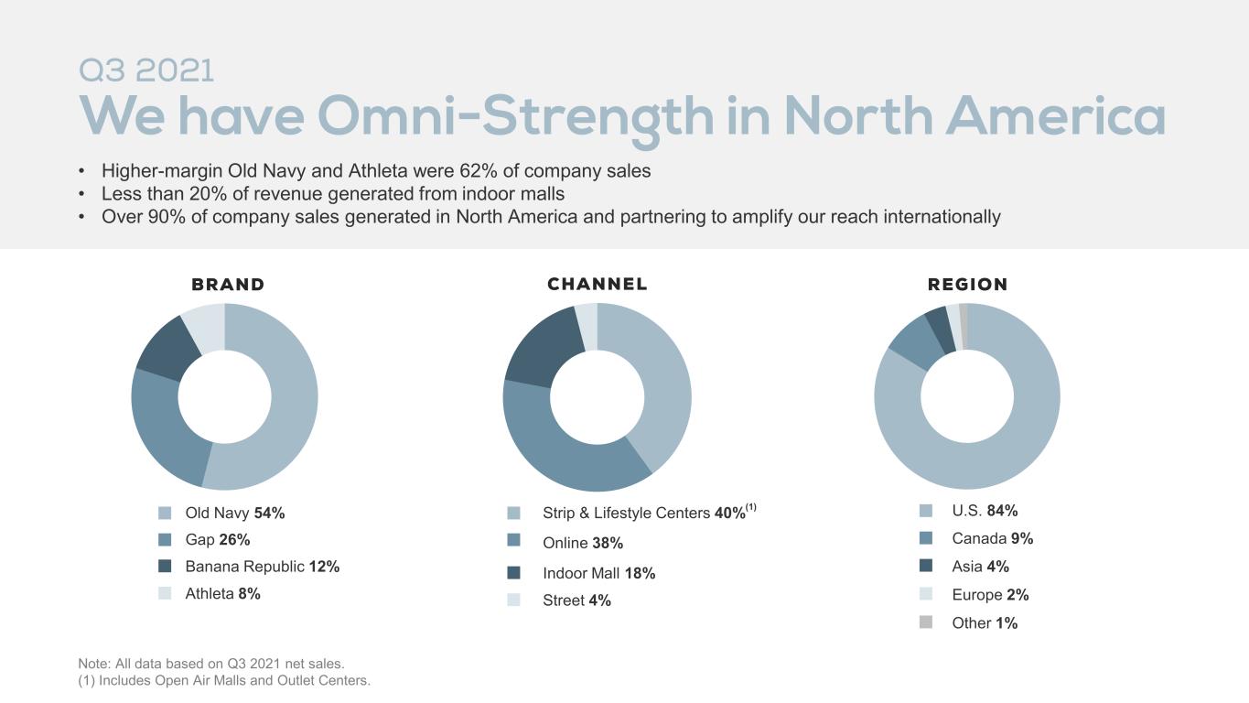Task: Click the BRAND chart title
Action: [228, 285]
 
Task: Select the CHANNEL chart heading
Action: [598, 284]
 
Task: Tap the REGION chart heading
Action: [967, 285]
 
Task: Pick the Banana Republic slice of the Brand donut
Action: [167, 350]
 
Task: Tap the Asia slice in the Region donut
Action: [940, 330]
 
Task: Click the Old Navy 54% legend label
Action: [235, 513]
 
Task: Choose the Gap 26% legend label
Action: [218, 539]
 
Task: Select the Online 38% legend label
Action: [583, 543]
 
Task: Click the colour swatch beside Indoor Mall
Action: [513, 572]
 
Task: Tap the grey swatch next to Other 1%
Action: [926, 622]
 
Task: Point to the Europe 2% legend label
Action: [990, 595]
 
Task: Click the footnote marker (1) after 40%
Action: [751, 507]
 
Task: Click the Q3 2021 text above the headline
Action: [146, 70]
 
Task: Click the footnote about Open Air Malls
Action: [224, 681]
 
